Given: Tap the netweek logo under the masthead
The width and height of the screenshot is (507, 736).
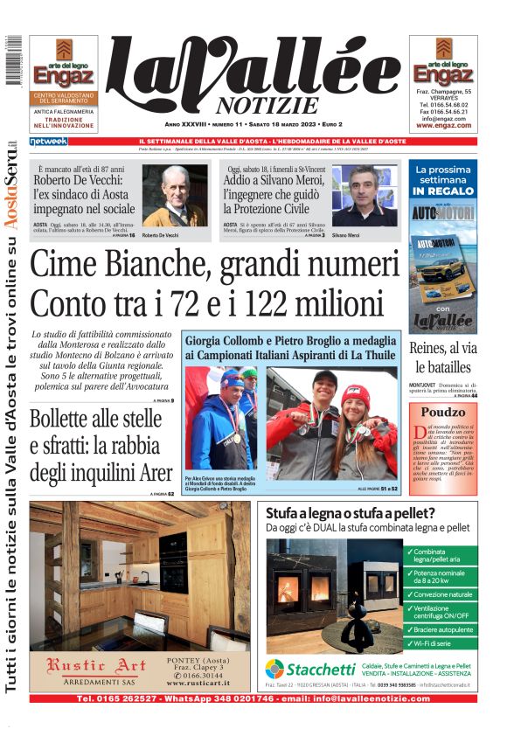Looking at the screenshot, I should click(x=48, y=141).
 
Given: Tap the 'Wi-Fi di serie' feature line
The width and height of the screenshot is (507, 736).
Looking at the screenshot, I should click(x=435, y=643).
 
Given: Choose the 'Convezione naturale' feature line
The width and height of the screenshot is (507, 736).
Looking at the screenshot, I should click(x=444, y=594).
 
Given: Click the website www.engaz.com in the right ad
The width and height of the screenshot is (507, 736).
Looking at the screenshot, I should click(x=443, y=125).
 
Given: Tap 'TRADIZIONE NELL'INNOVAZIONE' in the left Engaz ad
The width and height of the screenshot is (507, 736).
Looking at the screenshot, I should click(x=64, y=123).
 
